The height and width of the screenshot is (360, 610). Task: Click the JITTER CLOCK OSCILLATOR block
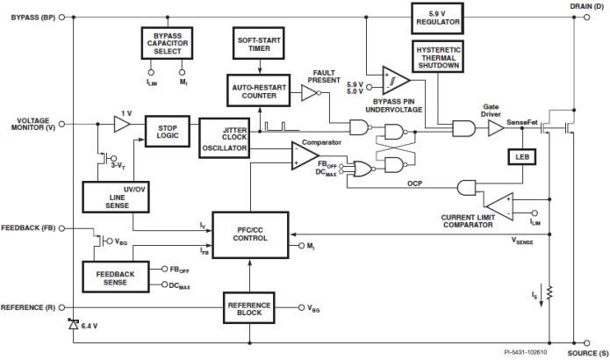(224, 138)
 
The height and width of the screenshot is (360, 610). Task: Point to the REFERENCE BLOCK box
(249, 310)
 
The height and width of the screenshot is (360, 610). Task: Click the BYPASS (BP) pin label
(33, 17)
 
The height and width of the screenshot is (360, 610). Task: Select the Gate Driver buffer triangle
(495, 128)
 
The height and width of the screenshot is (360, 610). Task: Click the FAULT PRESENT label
(324, 76)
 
